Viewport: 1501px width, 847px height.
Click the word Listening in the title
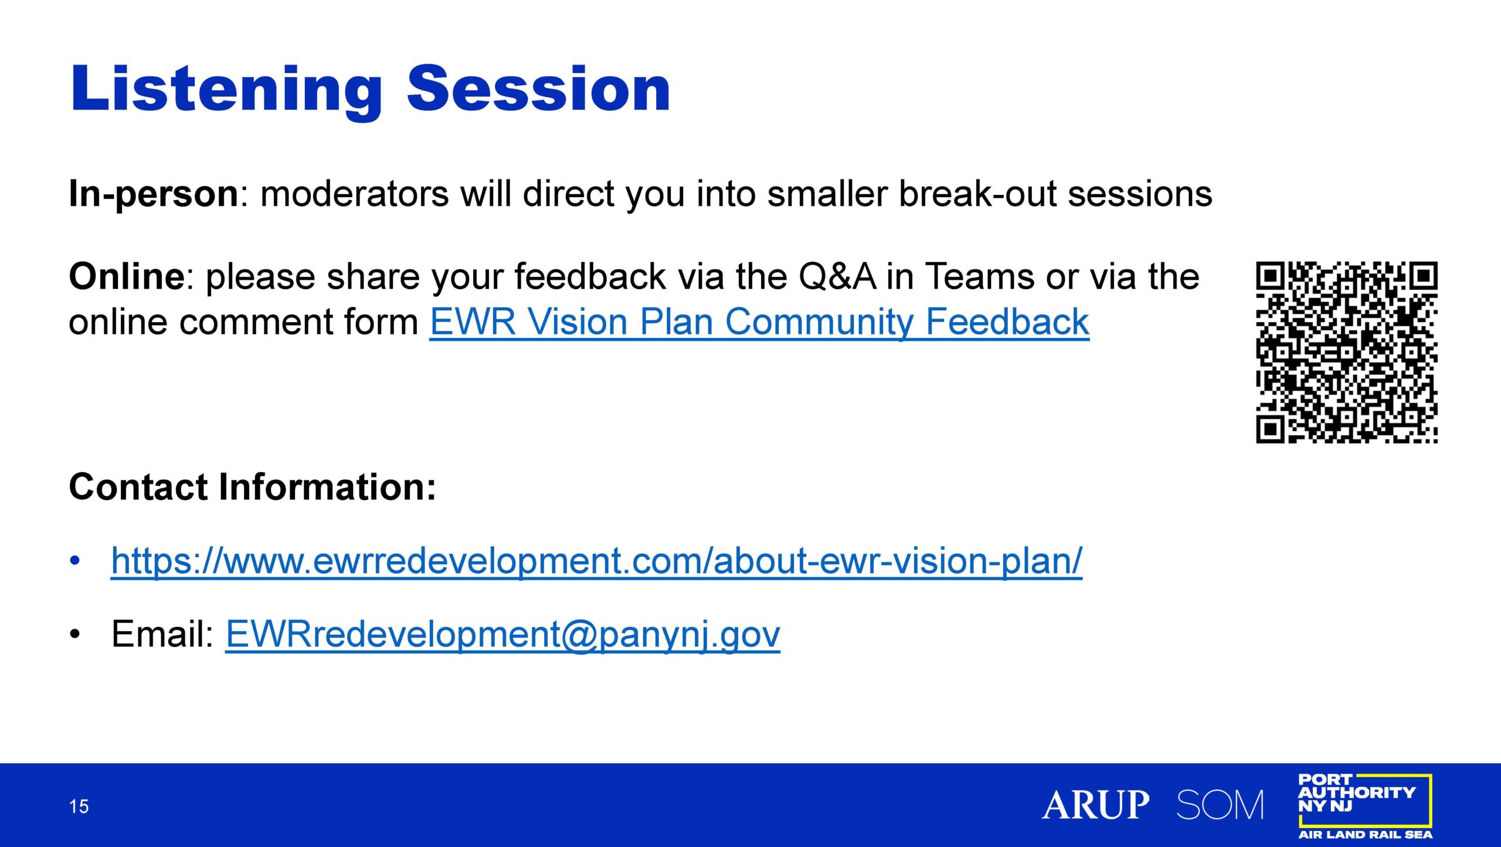click(226, 92)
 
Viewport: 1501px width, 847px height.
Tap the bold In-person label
click(154, 194)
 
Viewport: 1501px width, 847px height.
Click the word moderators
click(355, 194)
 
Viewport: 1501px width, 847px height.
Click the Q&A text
click(837, 277)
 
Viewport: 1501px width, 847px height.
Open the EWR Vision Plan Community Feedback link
click(759, 323)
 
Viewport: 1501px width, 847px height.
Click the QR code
click(1346, 352)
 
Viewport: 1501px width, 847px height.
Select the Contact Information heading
click(253, 487)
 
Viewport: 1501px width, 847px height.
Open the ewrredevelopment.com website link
click(597, 561)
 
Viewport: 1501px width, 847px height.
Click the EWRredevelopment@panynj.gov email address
click(503, 635)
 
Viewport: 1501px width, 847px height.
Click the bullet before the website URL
click(74, 561)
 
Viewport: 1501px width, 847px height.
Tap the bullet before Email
click(74, 635)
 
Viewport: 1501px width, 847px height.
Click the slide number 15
click(79, 807)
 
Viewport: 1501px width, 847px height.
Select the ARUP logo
click(1096, 804)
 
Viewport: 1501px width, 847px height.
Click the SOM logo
click(1220, 804)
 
